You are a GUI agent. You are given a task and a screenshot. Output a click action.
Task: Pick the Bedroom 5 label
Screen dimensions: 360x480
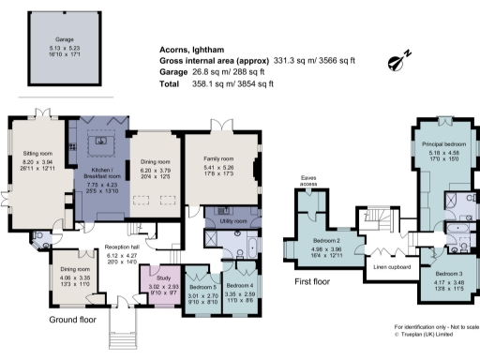[x=201, y=286]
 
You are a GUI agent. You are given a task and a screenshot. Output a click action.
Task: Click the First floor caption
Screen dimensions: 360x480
[x=314, y=280]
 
